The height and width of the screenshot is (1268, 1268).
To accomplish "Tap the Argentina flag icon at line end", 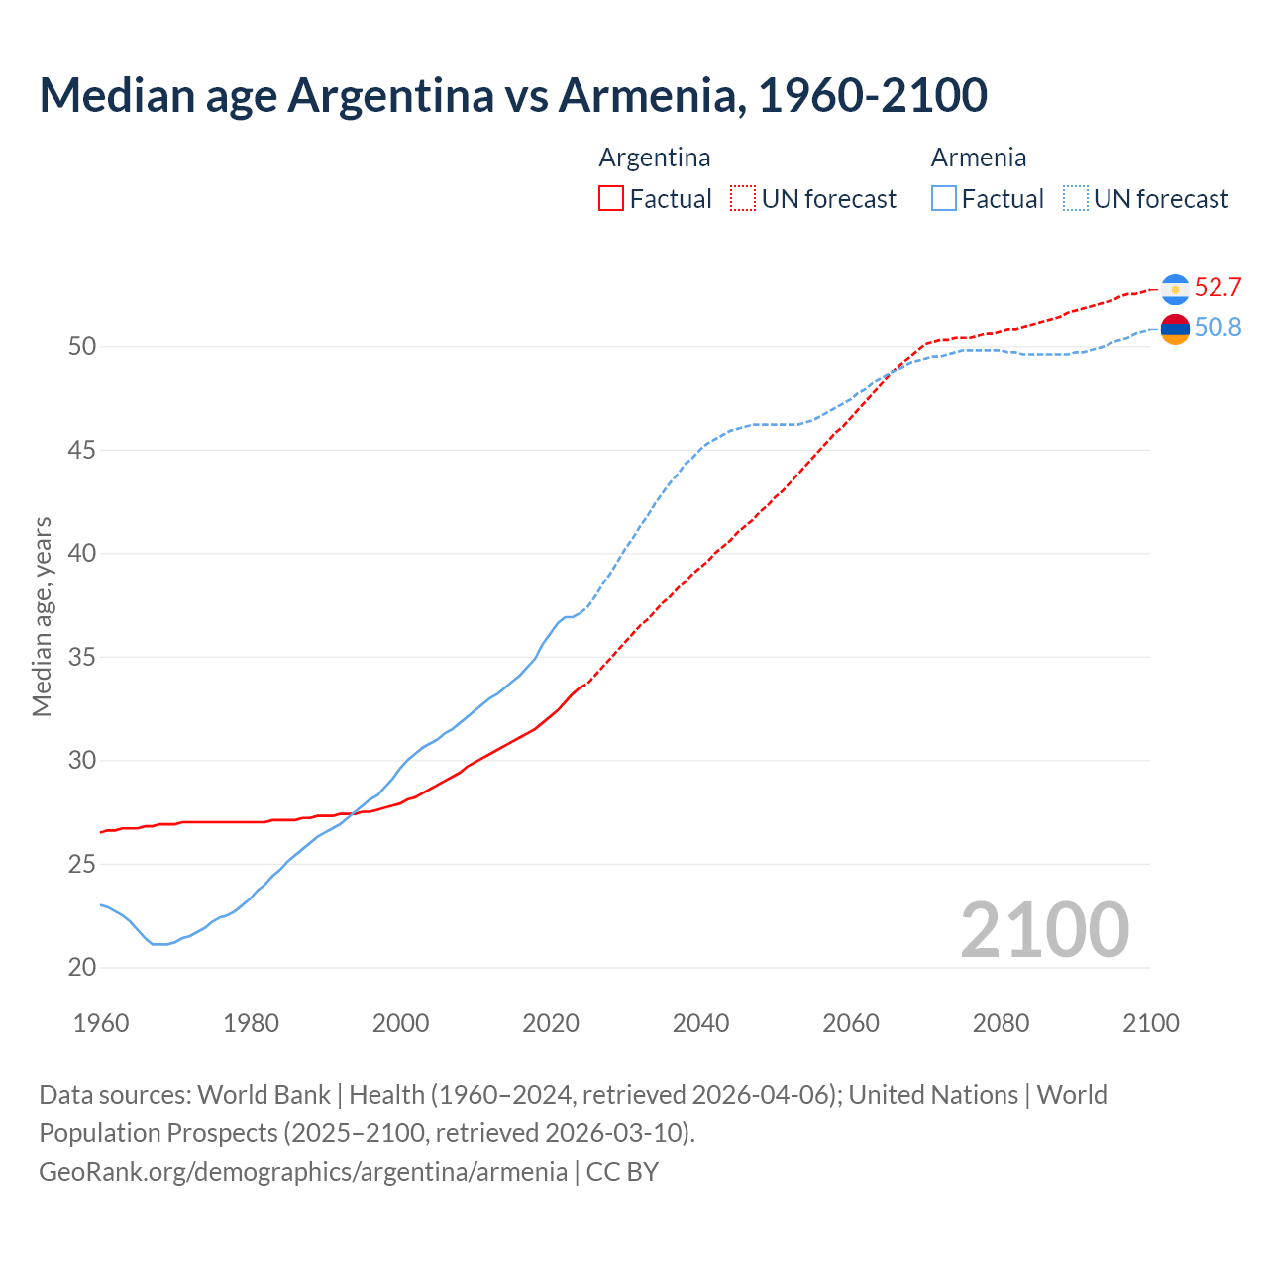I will (x=1175, y=288).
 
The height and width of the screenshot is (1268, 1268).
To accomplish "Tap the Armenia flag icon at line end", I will (x=1175, y=328).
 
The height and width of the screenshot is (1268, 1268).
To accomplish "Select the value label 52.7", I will (x=1217, y=288).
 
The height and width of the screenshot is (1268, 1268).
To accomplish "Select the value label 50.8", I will (x=1217, y=328).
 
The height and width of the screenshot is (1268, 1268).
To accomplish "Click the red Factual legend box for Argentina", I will (x=611, y=199).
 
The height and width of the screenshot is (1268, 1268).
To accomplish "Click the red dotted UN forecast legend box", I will (x=743, y=199).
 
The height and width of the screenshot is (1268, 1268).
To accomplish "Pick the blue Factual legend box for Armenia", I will (x=944, y=199).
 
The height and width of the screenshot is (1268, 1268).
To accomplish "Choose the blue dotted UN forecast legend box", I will (x=1076, y=199).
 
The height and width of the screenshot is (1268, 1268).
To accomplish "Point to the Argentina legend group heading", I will (x=655, y=158).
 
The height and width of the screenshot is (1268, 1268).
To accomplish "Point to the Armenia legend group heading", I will (x=979, y=158).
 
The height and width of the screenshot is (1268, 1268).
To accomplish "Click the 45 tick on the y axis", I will (x=81, y=451).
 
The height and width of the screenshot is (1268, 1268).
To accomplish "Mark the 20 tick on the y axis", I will (x=81, y=968).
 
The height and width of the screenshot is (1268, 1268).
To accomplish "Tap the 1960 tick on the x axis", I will (x=101, y=1023).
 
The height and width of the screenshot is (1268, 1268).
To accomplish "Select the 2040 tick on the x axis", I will (x=700, y=1023).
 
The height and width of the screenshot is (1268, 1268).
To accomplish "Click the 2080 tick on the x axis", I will (x=1001, y=1023).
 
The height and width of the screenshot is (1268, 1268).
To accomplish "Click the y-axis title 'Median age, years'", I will (x=42, y=616).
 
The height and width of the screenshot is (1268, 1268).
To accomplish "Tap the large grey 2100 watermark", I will (x=1044, y=929).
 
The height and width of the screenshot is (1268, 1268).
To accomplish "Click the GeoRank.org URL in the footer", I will (x=303, y=1172).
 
